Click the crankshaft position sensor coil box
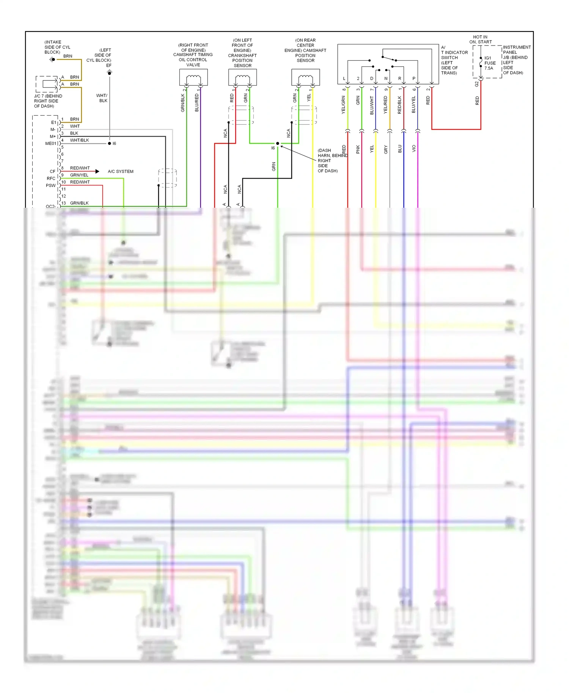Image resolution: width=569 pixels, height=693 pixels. (x=242, y=77)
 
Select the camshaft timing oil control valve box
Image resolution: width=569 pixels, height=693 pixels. (x=193, y=77)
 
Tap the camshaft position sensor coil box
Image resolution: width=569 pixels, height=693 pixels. (x=305, y=77)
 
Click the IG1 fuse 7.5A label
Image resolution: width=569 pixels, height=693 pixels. (x=490, y=63)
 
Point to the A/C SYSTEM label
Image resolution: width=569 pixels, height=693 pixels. (x=121, y=172)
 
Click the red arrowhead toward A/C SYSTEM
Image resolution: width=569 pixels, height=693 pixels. (x=97, y=172)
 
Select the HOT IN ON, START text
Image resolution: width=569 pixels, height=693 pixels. (x=480, y=39)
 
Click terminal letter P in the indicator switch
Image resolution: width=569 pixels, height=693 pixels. (x=413, y=79)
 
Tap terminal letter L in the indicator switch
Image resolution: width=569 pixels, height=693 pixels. (x=344, y=79)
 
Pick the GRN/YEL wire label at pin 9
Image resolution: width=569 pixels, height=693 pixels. (x=79, y=175)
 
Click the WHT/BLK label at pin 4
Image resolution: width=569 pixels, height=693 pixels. (x=79, y=140)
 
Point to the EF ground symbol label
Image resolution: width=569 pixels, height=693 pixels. (x=109, y=66)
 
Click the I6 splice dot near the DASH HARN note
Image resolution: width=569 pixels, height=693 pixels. (x=278, y=143)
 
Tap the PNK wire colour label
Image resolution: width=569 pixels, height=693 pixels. (x=358, y=149)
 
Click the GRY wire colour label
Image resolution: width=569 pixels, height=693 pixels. (x=386, y=149)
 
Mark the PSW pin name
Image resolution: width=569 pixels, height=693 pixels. (x=50, y=186)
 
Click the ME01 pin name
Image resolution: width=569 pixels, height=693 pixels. (x=50, y=144)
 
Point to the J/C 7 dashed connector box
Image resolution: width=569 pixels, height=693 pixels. (x=47, y=84)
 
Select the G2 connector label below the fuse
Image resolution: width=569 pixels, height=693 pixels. (x=476, y=84)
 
